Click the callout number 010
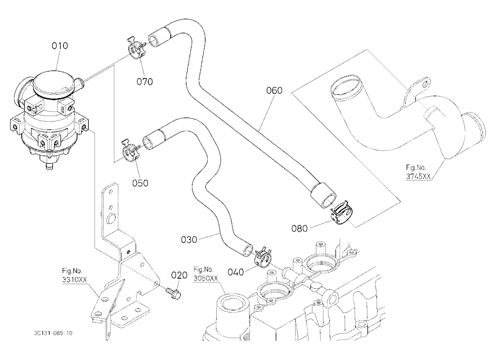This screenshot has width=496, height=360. (60, 46)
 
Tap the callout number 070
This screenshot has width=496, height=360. (144, 82)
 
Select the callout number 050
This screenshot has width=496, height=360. (140, 183)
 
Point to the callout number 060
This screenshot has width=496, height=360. (274, 90)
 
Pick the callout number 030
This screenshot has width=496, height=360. (189, 240)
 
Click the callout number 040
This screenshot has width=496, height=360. (236, 272)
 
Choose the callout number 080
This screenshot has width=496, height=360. (299, 228)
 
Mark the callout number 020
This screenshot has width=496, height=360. (180, 275)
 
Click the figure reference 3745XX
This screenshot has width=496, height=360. (418, 177)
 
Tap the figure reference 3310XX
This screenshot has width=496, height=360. (74, 280)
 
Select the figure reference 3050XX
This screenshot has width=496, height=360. (206, 278)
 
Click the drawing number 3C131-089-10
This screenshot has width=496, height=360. (53, 333)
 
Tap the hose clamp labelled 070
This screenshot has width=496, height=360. (136, 49)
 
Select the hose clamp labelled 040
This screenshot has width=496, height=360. (262, 255)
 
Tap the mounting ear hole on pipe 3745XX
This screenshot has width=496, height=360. (426, 84)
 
